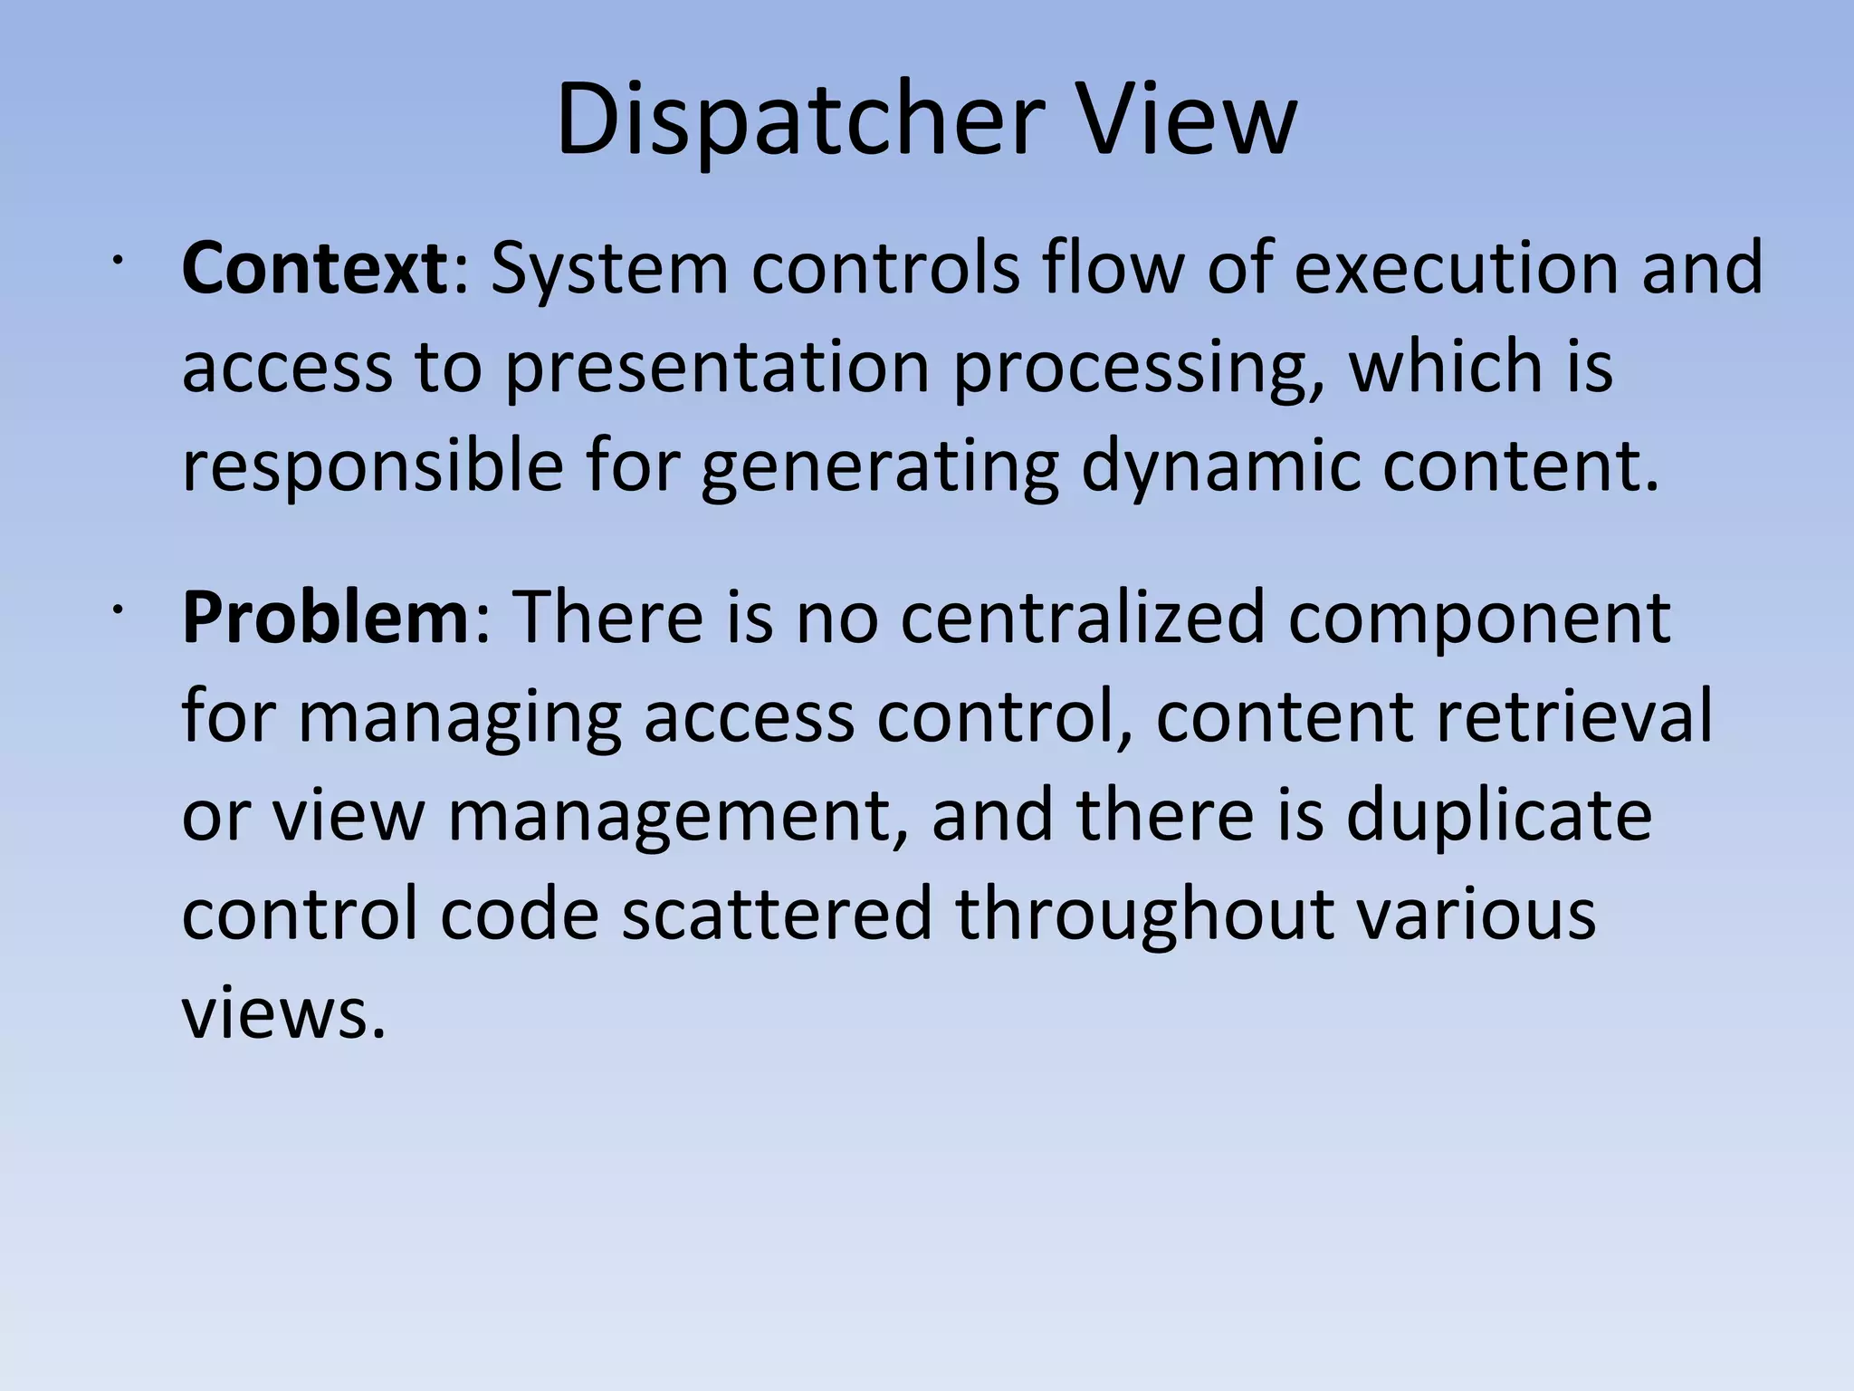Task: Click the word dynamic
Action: [x=1221, y=466]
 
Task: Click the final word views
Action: [x=283, y=1012]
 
